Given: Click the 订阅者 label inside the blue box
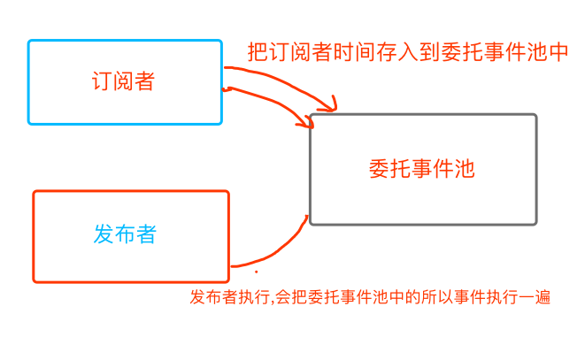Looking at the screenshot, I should (123, 81).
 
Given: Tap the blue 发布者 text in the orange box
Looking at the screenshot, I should (125, 234).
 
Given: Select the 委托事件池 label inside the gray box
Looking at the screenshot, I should (421, 169).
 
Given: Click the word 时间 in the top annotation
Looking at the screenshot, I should (364, 52).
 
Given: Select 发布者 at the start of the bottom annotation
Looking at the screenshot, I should (209, 298).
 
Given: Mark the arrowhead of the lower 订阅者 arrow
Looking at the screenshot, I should (310, 123).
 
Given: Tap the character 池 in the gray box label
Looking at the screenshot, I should (464, 169).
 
